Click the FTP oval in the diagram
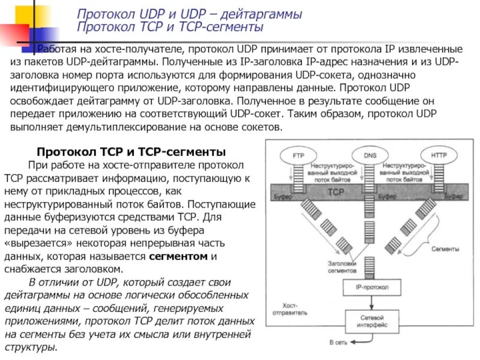(x=298, y=155)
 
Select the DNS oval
(x=370, y=155)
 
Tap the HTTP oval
(x=439, y=155)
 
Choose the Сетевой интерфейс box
(x=370, y=320)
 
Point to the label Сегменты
(x=445, y=248)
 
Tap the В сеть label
(x=337, y=343)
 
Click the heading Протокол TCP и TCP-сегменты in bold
(x=131, y=152)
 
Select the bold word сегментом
(x=178, y=256)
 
